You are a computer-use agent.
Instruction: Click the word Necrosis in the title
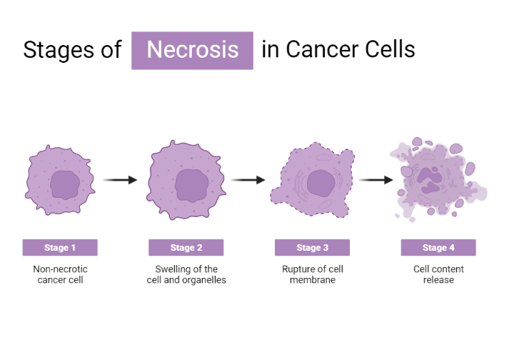tap(192, 50)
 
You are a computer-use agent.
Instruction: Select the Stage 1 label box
tap(60, 248)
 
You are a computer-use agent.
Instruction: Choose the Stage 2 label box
tap(186, 248)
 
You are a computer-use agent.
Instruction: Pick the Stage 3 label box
tap(312, 248)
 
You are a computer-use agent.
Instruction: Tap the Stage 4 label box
tap(438, 248)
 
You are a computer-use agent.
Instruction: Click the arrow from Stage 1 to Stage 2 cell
tap(120, 180)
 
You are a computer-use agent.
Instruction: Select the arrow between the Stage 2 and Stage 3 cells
tap(248, 180)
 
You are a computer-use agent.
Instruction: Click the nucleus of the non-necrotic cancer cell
tap(64, 186)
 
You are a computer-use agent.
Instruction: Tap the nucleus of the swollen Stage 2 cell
tap(191, 185)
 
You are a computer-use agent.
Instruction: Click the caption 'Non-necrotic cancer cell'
tap(60, 275)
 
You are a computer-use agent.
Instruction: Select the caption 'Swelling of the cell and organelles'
tap(186, 275)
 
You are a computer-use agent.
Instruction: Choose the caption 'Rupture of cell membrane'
tap(312, 275)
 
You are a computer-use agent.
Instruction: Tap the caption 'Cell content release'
tap(438, 275)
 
